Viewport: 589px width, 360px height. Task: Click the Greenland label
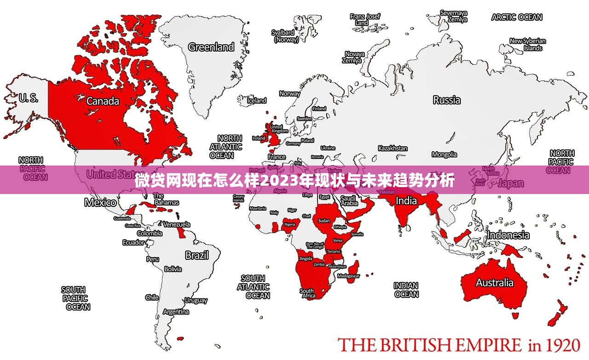(x=211, y=47)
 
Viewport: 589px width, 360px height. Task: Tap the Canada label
(x=103, y=101)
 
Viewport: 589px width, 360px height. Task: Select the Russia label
(x=446, y=100)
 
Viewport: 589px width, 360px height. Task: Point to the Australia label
(x=494, y=282)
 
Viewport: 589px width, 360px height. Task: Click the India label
(x=406, y=200)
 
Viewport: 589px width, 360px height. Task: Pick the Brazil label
(x=196, y=255)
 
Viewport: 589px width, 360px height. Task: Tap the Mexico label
(x=100, y=202)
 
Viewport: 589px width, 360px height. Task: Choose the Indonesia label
(x=508, y=235)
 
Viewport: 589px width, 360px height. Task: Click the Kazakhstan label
(x=393, y=149)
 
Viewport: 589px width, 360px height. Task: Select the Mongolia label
(x=444, y=154)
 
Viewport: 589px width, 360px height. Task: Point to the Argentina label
(x=176, y=312)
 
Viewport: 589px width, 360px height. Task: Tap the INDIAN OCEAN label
(x=406, y=290)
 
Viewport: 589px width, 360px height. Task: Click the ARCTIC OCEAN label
(x=517, y=17)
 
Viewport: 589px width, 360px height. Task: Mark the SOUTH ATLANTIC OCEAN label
(x=253, y=287)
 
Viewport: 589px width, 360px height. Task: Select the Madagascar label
(x=348, y=276)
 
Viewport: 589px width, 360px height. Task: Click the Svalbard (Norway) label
(x=285, y=36)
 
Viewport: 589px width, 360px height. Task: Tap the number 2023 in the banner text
(x=279, y=180)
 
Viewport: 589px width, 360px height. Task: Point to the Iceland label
(x=257, y=100)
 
